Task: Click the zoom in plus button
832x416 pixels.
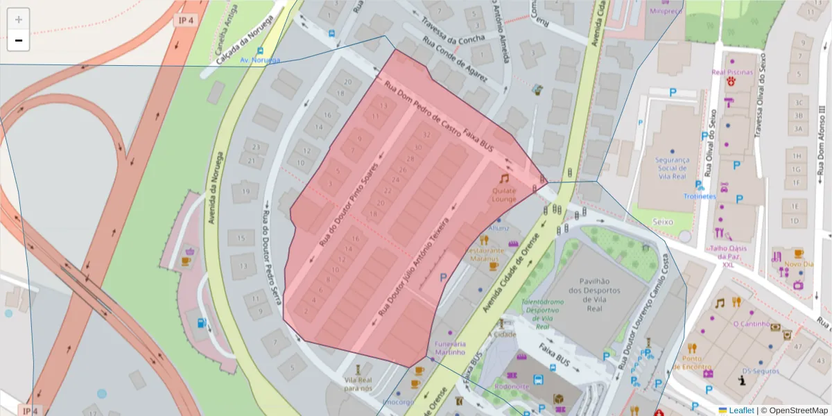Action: tap(19, 19)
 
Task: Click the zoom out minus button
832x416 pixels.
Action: tap(19, 41)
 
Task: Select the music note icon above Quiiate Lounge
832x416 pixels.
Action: tap(504, 178)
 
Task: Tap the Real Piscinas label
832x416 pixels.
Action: tap(731, 71)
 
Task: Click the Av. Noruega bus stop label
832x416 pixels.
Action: tap(260, 60)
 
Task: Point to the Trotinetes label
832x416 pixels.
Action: tap(699, 196)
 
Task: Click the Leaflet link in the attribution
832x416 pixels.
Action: tap(741, 410)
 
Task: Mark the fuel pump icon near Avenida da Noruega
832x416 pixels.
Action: tap(201, 322)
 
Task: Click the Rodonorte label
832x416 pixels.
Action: tap(512, 386)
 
